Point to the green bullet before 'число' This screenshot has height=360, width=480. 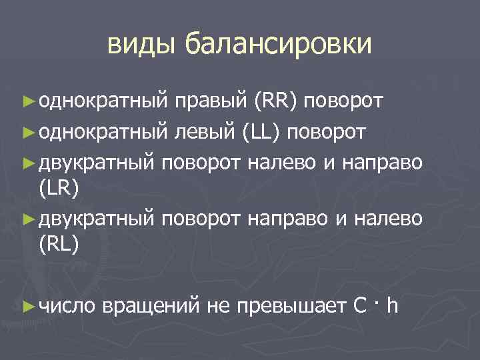pos(27,305)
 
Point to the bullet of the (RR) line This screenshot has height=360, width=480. pos(27,101)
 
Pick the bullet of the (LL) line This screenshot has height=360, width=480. pos(27,131)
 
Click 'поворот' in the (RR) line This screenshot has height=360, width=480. pos(345,101)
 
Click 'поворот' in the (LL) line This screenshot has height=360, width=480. pos(327,131)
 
